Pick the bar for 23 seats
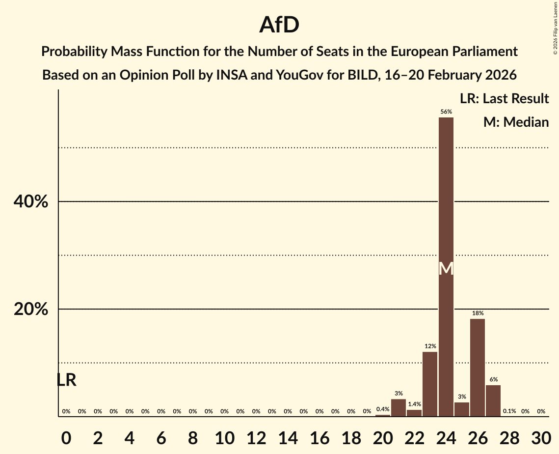430,384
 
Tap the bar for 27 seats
493,400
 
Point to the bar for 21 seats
399,408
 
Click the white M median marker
446,269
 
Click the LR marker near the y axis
66,380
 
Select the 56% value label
446,112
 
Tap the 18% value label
478,313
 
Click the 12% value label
430,346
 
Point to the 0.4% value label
383,409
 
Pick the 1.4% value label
414,404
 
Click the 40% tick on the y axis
30,201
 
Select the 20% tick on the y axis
30,309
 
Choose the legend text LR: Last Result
504,99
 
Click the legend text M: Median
516,122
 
